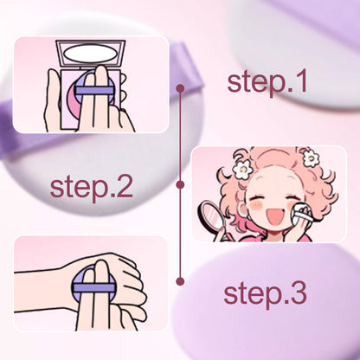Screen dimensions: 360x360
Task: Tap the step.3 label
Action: [266, 293]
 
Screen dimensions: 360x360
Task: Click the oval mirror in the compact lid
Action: [91, 55]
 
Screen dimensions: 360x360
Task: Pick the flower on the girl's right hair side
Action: [310, 158]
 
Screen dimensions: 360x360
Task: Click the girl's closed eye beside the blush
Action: [279, 194]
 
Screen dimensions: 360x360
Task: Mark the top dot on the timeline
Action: [180, 87]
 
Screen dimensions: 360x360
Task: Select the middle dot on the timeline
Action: [180, 184]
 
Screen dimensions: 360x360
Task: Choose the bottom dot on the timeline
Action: [180, 281]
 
